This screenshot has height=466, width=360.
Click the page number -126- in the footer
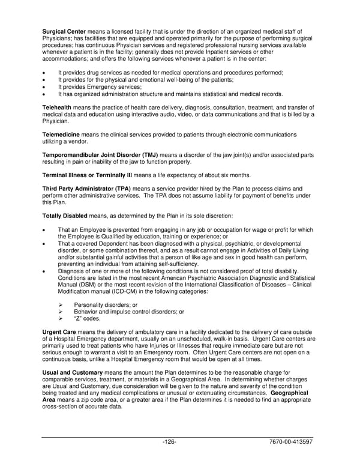(x=169, y=443)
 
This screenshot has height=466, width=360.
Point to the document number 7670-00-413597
(x=290, y=443)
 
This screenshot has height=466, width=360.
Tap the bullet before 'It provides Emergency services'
(x=44, y=87)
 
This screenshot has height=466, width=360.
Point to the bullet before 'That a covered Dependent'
(x=44, y=244)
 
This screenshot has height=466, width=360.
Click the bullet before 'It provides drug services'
(x=44, y=73)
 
